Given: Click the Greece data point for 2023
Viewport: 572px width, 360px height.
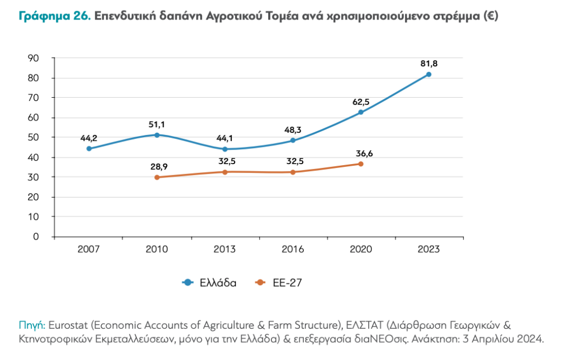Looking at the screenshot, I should (x=428, y=74).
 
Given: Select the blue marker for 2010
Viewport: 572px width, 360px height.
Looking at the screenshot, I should (x=157, y=135).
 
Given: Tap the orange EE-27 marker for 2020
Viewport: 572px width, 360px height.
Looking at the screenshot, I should (x=361, y=164).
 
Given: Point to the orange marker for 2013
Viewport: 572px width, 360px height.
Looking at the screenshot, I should (x=225, y=172).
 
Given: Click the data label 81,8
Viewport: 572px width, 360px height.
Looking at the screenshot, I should (x=429, y=64).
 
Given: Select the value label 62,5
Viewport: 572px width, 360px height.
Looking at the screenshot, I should (x=361, y=102).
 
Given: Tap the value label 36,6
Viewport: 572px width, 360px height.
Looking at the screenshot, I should (x=361, y=153).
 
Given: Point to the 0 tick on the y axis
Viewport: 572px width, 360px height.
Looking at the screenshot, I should (x=36, y=237).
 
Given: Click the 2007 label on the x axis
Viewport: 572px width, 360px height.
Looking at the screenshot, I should (x=89, y=249).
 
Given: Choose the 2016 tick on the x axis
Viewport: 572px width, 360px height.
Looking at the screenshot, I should (x=293, y=249).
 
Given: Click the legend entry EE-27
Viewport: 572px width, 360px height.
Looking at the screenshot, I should (x=287, y=283).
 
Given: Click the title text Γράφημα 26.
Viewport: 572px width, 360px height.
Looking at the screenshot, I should (x=54, y=16).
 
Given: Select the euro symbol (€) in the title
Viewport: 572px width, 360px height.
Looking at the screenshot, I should (x=492, y=16).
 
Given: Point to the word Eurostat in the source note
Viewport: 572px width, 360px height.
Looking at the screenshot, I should (x=68, y=325).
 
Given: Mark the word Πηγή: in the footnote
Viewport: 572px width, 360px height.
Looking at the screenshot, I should (x=32, y=325).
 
